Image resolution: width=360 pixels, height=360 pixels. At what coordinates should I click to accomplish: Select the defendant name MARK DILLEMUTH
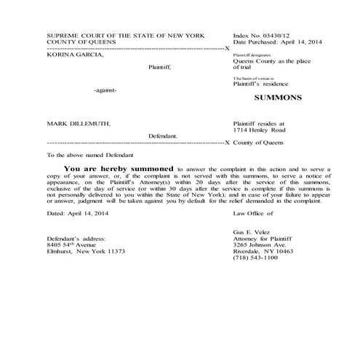pos(78,124)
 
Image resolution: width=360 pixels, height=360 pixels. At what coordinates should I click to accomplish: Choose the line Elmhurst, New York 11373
pos(86,251)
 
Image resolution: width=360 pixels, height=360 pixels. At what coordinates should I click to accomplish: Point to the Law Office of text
pos(253,213)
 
